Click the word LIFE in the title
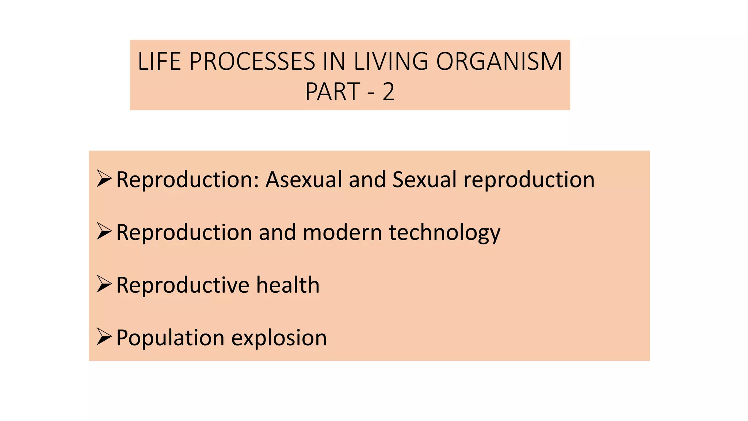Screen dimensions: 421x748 (x=159, y=61)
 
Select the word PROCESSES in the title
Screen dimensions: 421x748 (x=252, y=61)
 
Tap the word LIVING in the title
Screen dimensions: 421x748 (x=391, y=61)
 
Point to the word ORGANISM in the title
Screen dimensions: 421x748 (x=499, y=61)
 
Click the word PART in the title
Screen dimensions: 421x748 (x=333, y=92)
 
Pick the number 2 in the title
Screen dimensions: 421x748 (x=389, y=92)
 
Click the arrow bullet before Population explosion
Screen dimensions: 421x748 (x=104, y=337)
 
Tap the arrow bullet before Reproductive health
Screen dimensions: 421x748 (x=104, y=284)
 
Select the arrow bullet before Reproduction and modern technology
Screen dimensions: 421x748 (x=104, y=231)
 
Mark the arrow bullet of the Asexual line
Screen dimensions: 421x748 (x=104, y=179)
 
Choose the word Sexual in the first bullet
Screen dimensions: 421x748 (x=424, y=179)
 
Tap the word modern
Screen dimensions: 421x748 (x=342, y=232)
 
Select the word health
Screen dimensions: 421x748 (x=288, y=285)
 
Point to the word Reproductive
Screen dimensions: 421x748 (x=183, y=285)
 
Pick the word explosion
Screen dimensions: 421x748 (x=279, y=338)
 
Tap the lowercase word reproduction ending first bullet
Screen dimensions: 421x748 (x=529, y=180)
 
